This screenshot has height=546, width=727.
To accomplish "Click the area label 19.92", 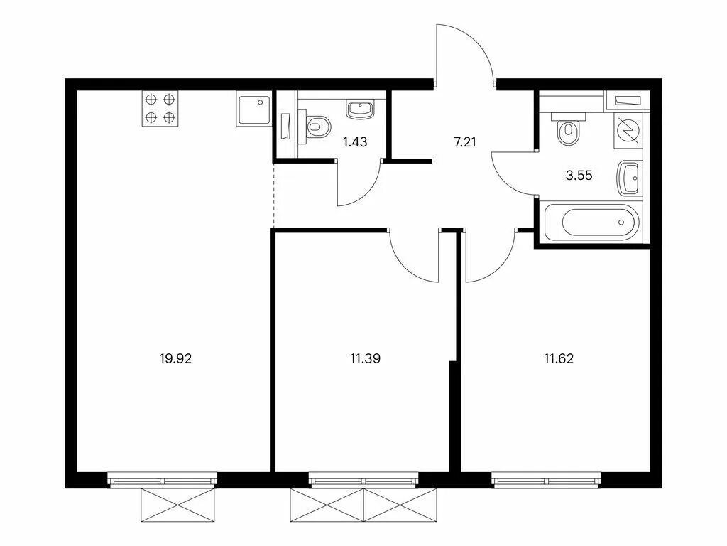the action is [x=175, y=359].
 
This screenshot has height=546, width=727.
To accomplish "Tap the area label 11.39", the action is [x=366, y=359].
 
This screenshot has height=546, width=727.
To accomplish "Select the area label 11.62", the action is [x=559, y=359].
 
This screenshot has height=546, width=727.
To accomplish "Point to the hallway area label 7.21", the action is [x=464, y=142].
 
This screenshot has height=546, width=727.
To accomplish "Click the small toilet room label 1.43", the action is [x=355, y=142].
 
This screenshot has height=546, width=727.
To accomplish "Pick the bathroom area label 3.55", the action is [x=579, y=176].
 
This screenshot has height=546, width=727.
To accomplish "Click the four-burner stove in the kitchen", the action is [x=160, y=108].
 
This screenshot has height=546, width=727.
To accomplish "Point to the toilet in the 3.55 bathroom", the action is [x=569, y=129].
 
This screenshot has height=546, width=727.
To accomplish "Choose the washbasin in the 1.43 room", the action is [x=360, y=110].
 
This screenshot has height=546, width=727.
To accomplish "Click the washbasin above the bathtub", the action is [x=630, y=178].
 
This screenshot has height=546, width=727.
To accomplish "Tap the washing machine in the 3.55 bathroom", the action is [x=629, y=131].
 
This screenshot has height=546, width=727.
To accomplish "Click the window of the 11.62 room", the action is [x=547, y=480].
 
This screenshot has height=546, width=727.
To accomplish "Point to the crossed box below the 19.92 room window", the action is [x=178, y=505].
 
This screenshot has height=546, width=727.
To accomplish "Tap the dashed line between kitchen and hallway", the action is [x=274, y=195].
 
